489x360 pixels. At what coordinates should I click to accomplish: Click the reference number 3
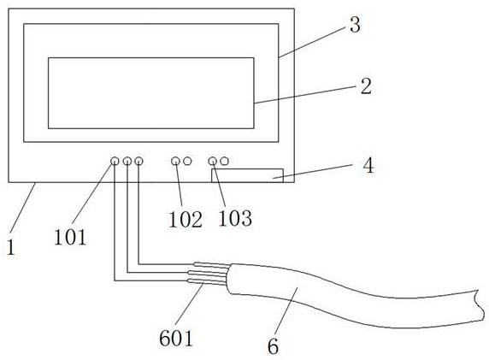355,25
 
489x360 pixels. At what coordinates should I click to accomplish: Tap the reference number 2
366,86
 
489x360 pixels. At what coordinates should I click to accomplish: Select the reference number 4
368,165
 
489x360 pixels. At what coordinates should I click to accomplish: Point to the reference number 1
11,248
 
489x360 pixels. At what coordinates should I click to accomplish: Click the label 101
70,237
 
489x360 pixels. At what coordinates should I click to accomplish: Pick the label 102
186,219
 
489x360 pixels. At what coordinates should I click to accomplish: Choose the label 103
235,218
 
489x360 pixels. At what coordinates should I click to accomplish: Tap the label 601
176,338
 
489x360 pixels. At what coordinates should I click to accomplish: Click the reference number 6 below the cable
273,346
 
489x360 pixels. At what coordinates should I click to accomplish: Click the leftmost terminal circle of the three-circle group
115,161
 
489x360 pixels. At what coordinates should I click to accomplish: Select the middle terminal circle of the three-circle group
127,161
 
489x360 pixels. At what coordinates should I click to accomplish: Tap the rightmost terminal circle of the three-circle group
138,161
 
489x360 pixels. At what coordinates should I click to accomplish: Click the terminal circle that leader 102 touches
175,161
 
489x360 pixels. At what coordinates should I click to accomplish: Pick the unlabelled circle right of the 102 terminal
187,161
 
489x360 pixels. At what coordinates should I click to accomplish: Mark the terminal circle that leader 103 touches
212,161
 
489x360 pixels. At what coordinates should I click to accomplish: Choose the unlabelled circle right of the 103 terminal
224,161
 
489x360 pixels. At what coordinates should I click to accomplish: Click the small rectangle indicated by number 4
247,175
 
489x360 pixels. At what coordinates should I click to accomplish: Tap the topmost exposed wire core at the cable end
212,265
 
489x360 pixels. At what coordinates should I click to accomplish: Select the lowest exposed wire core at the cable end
206,282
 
